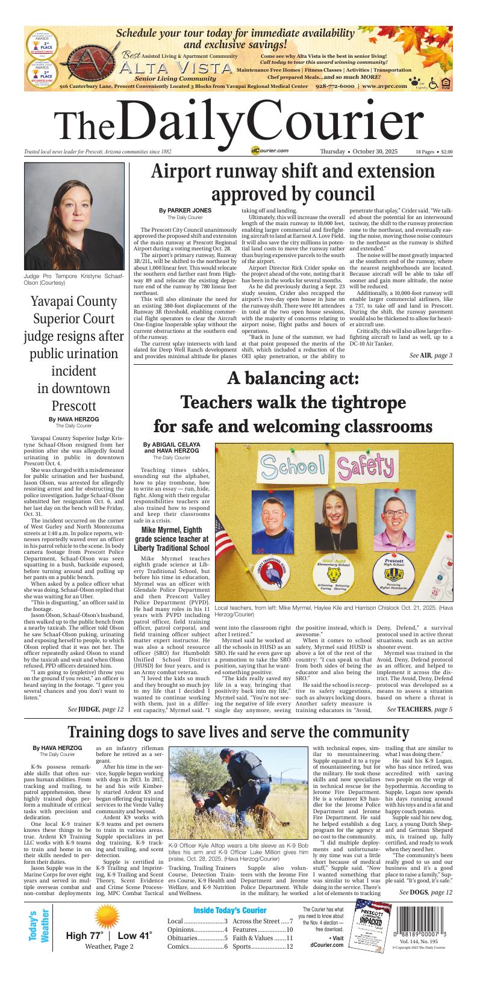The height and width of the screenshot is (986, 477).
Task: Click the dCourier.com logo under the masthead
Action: pos(270,151)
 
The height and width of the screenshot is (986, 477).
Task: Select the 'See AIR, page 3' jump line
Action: pos(431,356)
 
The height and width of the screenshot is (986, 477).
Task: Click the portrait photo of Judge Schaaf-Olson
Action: pos(74,217)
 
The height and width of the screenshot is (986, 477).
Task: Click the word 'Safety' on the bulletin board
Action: pos(369,467)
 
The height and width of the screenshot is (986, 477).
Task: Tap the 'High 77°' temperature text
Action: pos(86,936)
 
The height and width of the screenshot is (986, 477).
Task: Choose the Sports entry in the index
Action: pos(263,946)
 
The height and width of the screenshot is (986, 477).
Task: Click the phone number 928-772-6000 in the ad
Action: pos(335,86)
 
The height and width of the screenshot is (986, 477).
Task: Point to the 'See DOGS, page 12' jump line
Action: pos(426,892)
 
